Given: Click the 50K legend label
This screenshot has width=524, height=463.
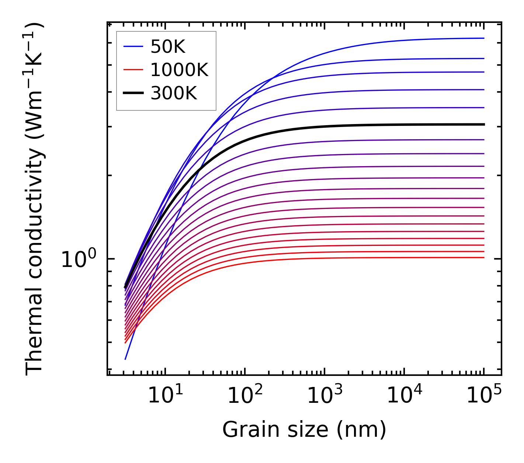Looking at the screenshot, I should [x=168, y=47].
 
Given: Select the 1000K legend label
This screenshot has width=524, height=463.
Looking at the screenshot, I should [x=179, y=70].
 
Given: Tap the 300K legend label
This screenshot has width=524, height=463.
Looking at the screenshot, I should [x=174, y=93].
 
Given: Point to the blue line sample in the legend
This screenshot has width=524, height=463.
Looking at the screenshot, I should [x=133, y=47].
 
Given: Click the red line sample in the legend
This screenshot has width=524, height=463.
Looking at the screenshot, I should [x=133, y=70].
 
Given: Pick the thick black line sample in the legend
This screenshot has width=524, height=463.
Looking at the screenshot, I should [x=133, y=93].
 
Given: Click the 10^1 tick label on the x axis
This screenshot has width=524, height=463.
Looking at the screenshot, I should [x=166, y=396].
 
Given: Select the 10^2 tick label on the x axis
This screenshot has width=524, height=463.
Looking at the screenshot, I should [x=245, y=396].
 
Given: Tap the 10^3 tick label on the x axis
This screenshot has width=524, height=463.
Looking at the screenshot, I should [x=325, y=396].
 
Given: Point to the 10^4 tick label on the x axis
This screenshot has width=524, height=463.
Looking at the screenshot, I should [x=405, y=396].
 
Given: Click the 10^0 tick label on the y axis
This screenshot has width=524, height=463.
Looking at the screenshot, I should [x=79, y=260].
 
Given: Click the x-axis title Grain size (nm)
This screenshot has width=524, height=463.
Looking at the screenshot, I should [x=304, y=430].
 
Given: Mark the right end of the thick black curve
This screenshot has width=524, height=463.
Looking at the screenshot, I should [x=483, y=124].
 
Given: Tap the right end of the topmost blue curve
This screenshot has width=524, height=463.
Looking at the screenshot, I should [x=483, y=38].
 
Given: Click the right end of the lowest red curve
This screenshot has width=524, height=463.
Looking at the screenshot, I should [x=483, y=257].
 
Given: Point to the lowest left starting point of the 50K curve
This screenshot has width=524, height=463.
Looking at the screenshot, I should [x=125, y=359].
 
